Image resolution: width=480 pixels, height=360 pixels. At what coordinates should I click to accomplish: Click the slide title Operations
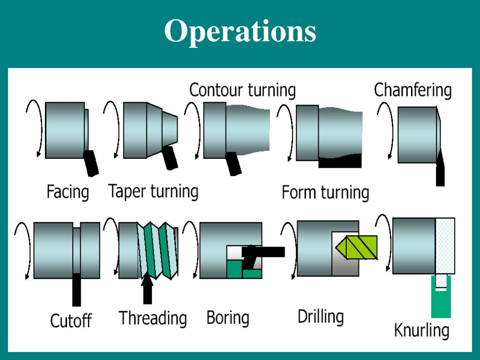[240, 32]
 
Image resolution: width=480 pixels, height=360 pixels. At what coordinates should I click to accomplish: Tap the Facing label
[67, 192]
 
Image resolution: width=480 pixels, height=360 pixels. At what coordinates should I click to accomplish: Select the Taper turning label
[153, 191]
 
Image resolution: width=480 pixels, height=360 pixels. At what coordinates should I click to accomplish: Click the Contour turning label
[242, 90]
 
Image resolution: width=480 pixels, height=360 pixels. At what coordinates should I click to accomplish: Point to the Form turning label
[325, 193]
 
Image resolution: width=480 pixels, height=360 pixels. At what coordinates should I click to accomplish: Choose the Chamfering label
[412, 90]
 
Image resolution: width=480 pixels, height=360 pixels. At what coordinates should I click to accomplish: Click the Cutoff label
[71, 321]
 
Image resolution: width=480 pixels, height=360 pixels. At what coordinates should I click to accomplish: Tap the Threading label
[153, 318]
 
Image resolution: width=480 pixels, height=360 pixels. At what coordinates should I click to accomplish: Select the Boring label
[228, 318]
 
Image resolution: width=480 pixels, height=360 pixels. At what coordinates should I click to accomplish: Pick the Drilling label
[321, 316]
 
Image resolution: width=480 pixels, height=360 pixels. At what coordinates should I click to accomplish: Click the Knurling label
[421, 330]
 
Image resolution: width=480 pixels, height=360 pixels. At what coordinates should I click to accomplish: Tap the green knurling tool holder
[441, 300]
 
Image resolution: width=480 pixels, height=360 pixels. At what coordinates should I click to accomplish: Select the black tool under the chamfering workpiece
[440, 171]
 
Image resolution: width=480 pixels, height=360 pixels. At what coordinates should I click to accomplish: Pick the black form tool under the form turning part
[340, 162]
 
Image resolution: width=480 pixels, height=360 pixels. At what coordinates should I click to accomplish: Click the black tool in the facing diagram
[90, 163]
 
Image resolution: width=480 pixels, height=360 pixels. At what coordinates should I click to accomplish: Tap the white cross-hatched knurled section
[445, 246]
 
